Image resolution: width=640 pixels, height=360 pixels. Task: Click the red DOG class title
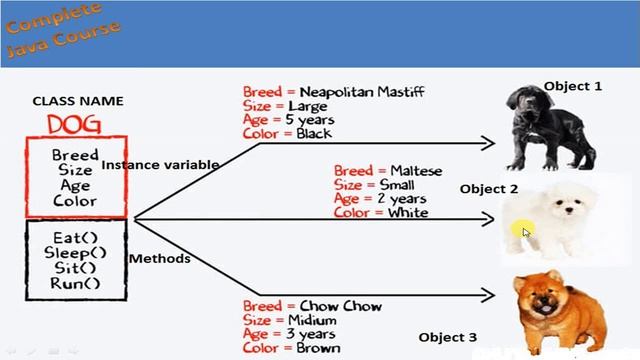(x=76, y=124)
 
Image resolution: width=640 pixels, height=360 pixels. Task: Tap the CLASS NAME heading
(x=78, y=101)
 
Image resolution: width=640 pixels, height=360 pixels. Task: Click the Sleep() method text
(x=76, y=252)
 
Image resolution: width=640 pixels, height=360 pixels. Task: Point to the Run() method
(x=76, y=283)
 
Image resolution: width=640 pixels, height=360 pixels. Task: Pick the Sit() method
(x=76, y=267)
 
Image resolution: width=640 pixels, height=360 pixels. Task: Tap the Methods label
(x=159, y=259)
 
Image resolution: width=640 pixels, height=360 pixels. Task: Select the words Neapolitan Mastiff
(x=362, y=93)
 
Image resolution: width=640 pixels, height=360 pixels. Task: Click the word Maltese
(x=416, y=171)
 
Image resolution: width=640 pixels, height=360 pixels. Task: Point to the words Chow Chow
(x=340, y=306)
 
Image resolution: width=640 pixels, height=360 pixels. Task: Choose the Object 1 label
(x=573, y=87)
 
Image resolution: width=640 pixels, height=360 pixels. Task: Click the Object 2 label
(x=489, y=189)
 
